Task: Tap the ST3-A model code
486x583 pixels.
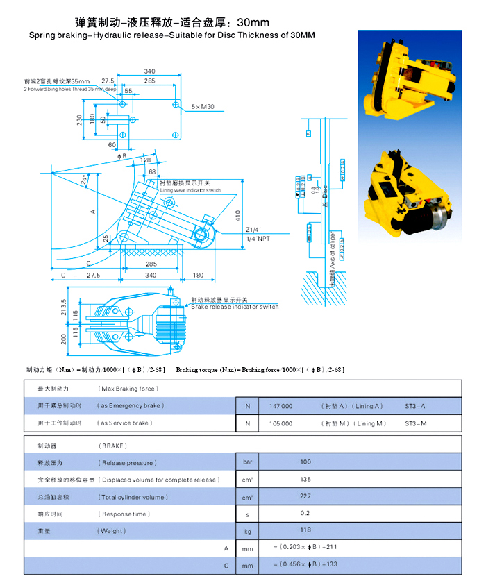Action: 415,406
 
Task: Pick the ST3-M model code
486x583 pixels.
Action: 415,423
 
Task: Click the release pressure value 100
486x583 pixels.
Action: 305,462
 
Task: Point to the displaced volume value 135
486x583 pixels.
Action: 305,480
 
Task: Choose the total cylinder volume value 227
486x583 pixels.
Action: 305,497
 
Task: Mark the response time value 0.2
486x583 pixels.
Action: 305,514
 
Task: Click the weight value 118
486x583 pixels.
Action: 305,532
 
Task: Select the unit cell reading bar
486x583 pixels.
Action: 247,462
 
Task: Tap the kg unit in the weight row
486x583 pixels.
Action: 247,532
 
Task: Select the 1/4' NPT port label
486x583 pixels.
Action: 258,239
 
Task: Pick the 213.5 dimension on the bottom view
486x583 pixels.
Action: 64,306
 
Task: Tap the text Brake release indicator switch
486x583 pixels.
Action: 235,307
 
